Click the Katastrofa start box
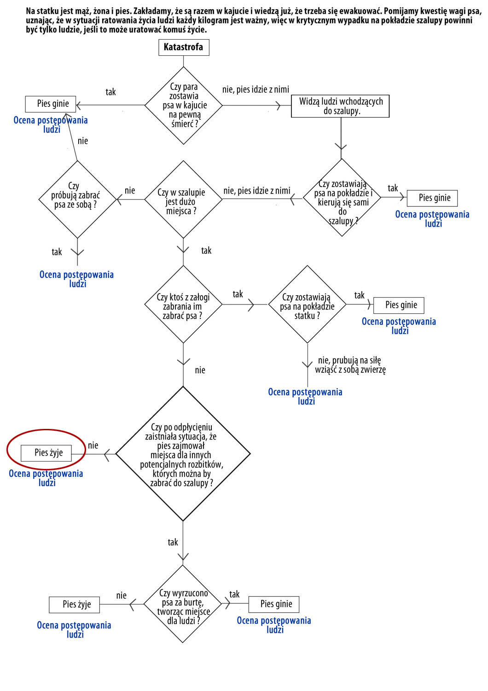point(184,47)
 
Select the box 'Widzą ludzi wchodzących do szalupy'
point(340,106)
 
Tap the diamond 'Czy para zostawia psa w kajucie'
point(183,105)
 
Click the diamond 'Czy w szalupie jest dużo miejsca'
point(183,199)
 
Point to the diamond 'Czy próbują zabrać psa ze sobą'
point(77,199)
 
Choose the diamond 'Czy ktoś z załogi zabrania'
point(183,305)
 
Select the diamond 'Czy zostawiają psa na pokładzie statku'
point(308,305)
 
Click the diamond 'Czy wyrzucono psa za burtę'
point(183,603)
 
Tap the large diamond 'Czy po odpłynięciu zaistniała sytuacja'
point(183,454)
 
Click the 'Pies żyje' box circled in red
point(46,453)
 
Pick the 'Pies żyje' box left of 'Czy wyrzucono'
point(74,604)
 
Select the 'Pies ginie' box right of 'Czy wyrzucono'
point(274,604)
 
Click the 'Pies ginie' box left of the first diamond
point(51,104)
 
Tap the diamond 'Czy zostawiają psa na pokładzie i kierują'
point(342,198)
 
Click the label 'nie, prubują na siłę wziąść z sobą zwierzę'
point(350,365)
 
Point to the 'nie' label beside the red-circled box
point(93,445)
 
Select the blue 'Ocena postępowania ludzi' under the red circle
point(46,478)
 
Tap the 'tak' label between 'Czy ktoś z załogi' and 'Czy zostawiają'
point(238,294)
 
